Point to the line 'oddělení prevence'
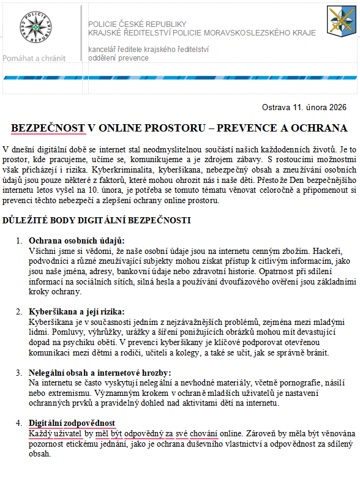(118, 58)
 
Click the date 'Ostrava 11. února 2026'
(304, 107)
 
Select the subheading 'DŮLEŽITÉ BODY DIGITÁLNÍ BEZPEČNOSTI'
(97, 220)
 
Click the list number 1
(18, 240)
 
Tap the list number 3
(18, 372)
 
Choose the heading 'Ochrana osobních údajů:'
(77, 240)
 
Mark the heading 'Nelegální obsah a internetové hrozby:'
(100, 372)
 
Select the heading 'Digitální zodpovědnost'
(72, 423)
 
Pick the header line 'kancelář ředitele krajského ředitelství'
(149, 49)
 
